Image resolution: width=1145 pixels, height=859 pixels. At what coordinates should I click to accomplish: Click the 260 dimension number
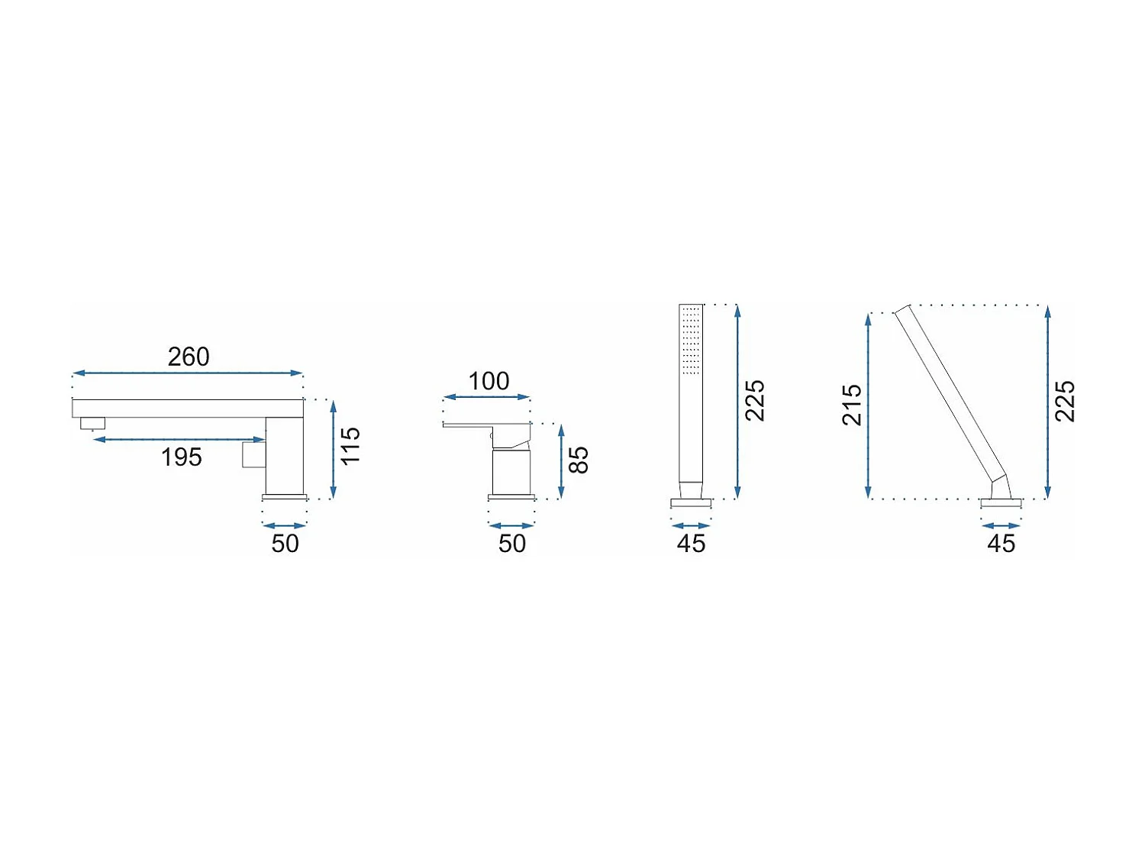(189, 357)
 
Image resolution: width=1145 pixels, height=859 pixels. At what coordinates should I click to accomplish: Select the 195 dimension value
(181, 457)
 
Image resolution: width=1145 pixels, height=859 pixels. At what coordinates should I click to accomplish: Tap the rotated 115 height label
(350, 446)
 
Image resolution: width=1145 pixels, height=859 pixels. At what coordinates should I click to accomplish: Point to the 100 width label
(489, 381)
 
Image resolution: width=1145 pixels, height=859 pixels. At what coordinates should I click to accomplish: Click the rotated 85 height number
(579, 460)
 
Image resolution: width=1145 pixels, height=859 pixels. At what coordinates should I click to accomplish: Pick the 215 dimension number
(853, 405)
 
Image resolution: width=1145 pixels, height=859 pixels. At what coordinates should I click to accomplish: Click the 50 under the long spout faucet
(285, 544)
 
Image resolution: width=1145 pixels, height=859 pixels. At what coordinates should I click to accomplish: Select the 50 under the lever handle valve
(511, 544)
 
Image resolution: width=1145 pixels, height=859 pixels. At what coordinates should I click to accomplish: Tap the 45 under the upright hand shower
(691, 544)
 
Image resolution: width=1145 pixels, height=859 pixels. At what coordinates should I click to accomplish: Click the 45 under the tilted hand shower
(1001, 544)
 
